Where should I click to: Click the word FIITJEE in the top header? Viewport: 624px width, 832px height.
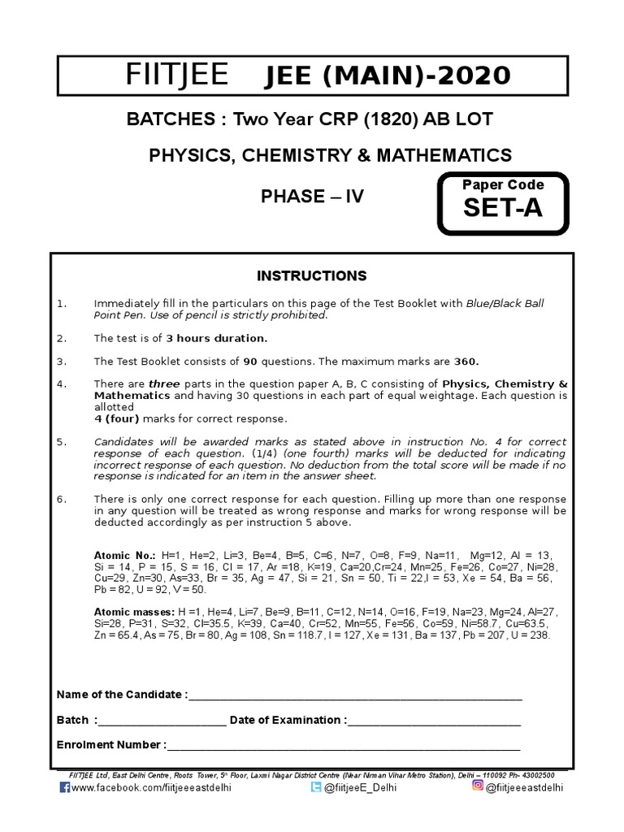click(177, 76)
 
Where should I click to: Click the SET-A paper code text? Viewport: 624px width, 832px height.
click(501, 209)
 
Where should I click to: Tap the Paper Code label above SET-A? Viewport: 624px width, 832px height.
click(503, 184)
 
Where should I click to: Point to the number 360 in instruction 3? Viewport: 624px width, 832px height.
click(466, 361)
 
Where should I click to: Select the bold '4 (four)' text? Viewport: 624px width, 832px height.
click(118, 418)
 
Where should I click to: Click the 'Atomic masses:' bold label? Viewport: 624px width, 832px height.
click(129, 610)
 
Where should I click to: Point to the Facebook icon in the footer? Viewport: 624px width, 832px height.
click(65, 787)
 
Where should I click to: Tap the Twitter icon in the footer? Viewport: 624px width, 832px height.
click(315, 787)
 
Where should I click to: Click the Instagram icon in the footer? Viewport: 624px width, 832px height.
click(478, 786)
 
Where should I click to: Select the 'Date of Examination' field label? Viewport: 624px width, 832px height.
click(287, 720)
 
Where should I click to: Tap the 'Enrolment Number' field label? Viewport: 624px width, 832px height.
click(110, 745)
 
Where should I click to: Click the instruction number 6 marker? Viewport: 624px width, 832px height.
click(61, 498)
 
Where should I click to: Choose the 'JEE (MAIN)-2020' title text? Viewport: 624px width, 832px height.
click(389, 76)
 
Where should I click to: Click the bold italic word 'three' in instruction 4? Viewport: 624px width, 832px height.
click(163, 383)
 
